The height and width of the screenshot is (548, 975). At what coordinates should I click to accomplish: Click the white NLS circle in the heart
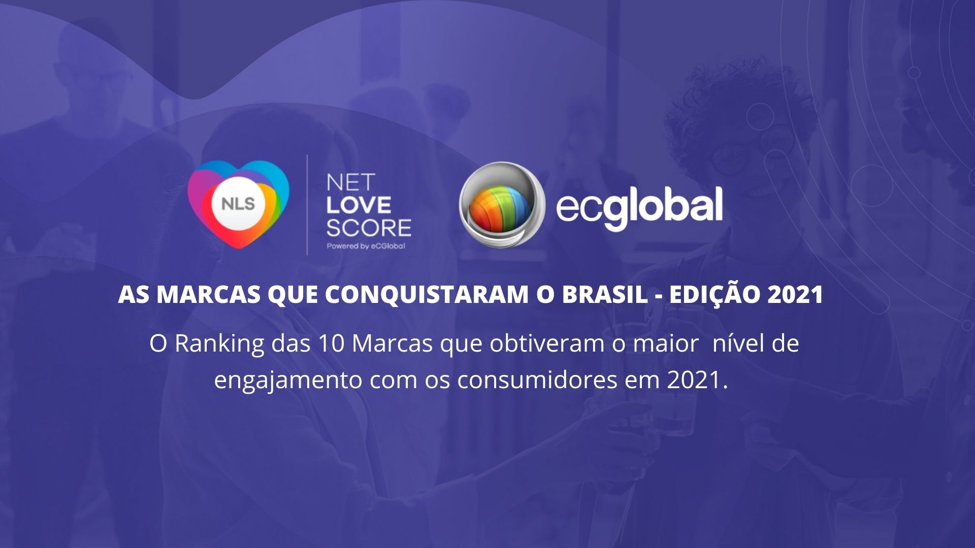click(238, 204)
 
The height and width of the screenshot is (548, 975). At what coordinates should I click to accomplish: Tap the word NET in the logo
click(350, 182)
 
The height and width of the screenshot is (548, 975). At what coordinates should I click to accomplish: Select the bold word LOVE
click(359, 205)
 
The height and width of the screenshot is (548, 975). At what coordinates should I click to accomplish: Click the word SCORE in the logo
click(369, 228)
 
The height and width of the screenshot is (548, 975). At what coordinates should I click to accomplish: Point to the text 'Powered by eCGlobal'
click(366, 246)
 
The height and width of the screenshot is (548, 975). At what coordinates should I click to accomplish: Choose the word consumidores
click(537, 380)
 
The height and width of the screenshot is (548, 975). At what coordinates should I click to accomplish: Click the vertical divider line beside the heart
click(307, 205)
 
